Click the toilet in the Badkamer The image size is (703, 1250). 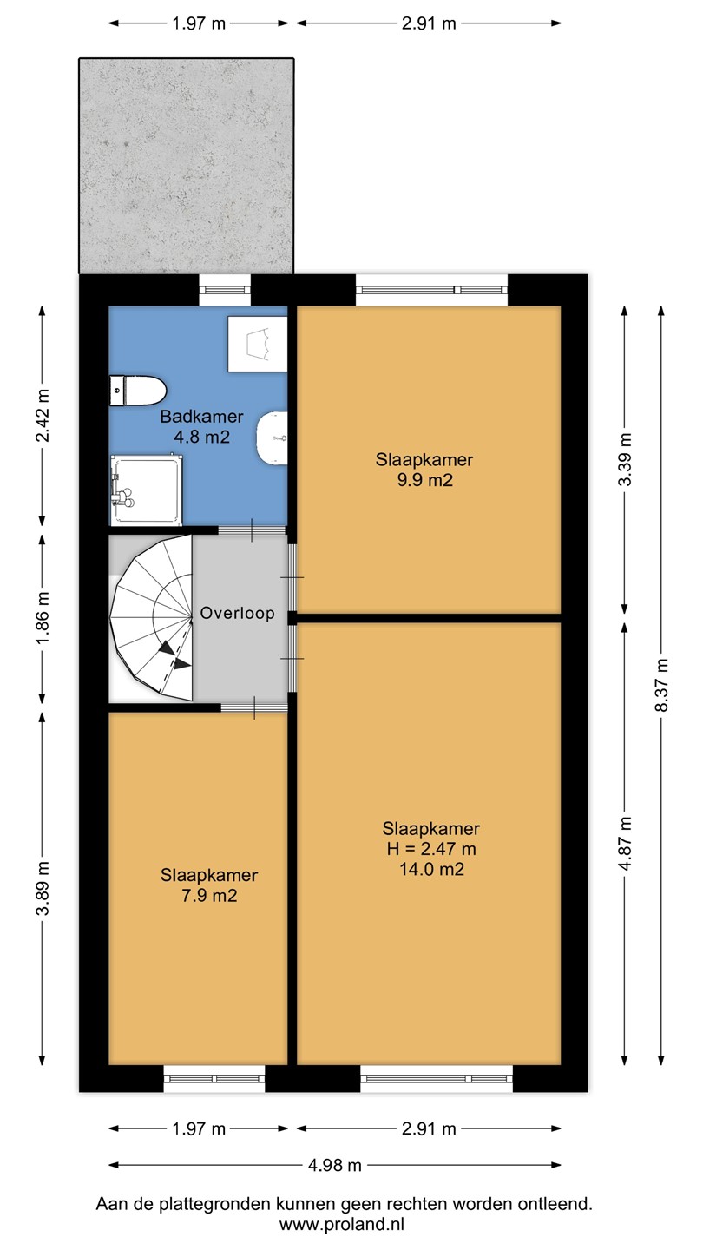tap(138, 390)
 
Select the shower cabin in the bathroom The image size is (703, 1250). tap(146, 490)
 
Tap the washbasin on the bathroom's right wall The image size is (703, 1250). tap(273, 438)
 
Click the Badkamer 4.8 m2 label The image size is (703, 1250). tap(201, 426)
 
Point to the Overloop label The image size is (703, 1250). tap(237, 613)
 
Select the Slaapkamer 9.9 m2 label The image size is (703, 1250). tap(424, 470)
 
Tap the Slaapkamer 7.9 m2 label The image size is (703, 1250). tap(209, 885)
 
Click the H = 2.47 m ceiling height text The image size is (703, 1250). tap(431, 849)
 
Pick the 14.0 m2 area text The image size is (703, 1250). tap(431, 870)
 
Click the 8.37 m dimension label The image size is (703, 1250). tap(661, 685)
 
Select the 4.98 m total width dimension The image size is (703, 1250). tap(335, 1165)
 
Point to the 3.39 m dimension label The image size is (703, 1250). tap(626, 459)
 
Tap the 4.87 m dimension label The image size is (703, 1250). tap(626, 843)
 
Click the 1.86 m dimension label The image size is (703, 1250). tap(43, 618)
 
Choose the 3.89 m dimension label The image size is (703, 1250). tap(43, 888)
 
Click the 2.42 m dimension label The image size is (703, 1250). tap(43, 415)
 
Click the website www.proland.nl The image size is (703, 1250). tap(341, 1225)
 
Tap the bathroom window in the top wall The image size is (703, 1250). tap(225, 290)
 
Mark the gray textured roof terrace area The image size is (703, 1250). tap(187, 167)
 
